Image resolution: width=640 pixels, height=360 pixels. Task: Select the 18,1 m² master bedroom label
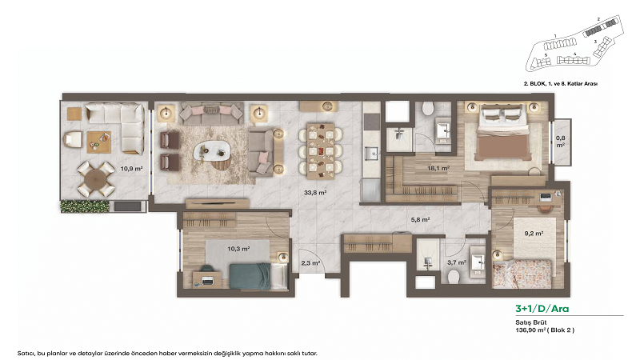pos(437,169)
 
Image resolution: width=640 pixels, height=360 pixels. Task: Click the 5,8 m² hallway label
pos(420,219)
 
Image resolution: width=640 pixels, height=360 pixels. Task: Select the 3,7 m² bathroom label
pos(456,262)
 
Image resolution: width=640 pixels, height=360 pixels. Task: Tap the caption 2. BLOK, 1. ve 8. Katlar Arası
pos(561,83)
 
